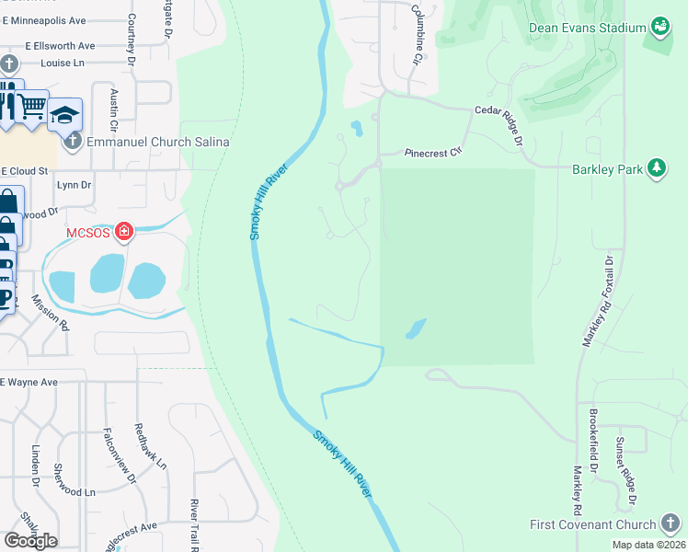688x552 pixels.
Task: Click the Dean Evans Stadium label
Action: point(587,28)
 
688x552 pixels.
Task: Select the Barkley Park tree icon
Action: point(657,167)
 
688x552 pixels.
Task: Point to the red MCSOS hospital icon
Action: point(122,232)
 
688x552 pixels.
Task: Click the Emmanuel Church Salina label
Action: point(157,142)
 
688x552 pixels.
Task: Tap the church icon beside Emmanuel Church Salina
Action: point(74,142)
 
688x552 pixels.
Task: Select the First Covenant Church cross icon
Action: point(672,524)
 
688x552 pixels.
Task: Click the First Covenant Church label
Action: point(592,524)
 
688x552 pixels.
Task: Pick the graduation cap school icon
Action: point(65,114)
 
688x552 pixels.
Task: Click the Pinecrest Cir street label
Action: point(432,153)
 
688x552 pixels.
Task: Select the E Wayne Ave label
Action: point(29,382)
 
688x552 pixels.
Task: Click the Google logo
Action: point(30,540)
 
